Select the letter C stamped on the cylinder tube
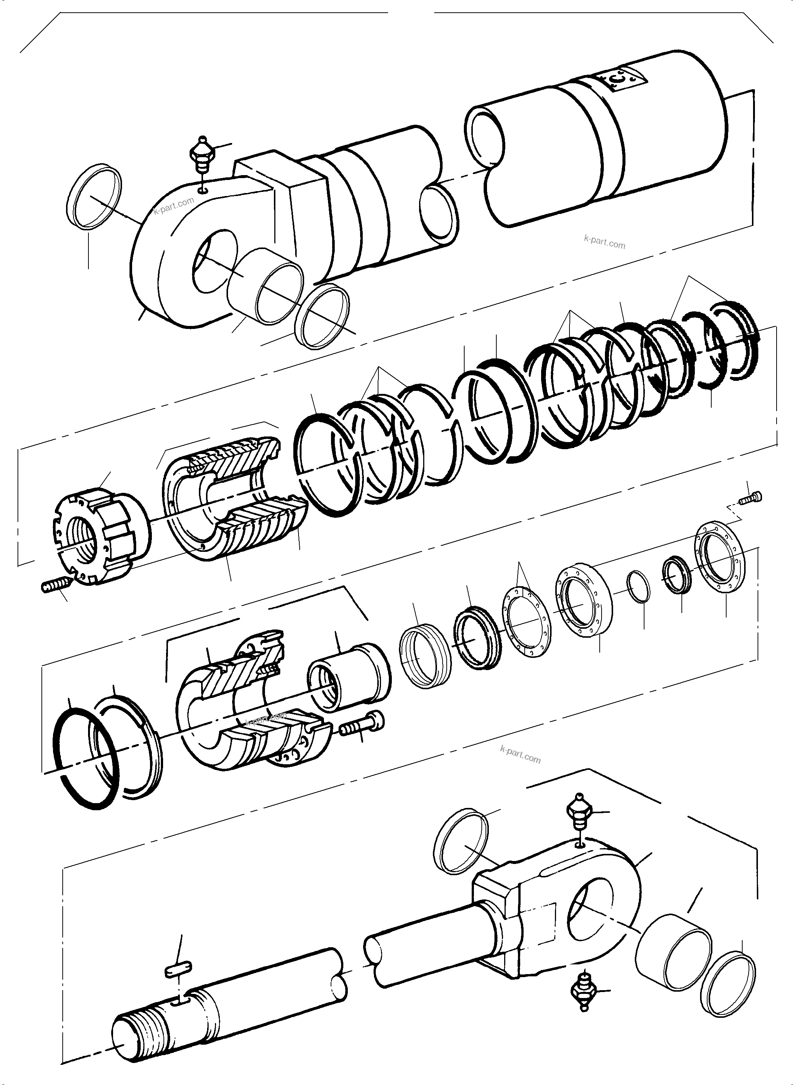click(620, 79)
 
